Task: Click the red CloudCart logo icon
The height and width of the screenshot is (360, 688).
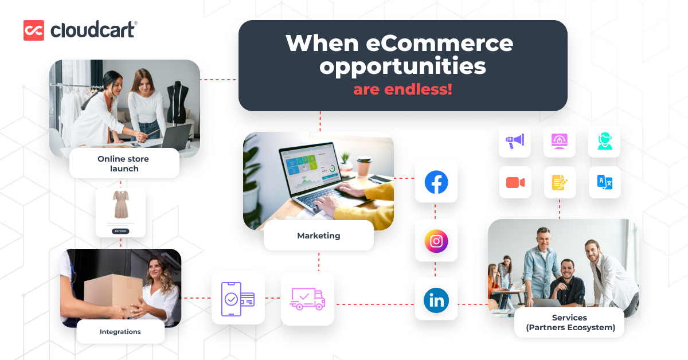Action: tap(34, 30)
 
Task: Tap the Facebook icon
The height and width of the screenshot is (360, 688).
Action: tap(436, 182)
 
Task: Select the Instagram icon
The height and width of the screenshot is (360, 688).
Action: tap(436, 241)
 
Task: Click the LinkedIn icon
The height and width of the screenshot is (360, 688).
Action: tap(436, 300)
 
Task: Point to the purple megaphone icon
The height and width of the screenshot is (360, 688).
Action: tap(515, 141)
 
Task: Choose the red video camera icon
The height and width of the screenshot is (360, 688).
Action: tap(515, 182)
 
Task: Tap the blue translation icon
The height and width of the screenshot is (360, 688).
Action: tap(605, 182)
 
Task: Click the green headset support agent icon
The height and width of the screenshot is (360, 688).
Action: tap(605, 141)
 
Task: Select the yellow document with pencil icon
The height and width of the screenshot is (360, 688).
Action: tap(560, 182)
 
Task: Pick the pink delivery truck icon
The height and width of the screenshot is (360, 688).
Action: tap(307, 299)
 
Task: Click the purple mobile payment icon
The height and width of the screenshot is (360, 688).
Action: tap(238, 299)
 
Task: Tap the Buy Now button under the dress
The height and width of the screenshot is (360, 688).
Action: tap(120, 231)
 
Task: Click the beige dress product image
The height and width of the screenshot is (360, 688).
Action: tap(121, 204)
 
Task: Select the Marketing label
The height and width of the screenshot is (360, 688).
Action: tap(319, 236)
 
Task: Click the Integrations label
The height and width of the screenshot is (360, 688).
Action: tap(120, 332)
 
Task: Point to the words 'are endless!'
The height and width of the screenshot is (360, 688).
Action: tap(402, 89)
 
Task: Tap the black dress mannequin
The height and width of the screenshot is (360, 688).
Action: tap(178, 101)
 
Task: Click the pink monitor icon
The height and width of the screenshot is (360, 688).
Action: tap(560, 141)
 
